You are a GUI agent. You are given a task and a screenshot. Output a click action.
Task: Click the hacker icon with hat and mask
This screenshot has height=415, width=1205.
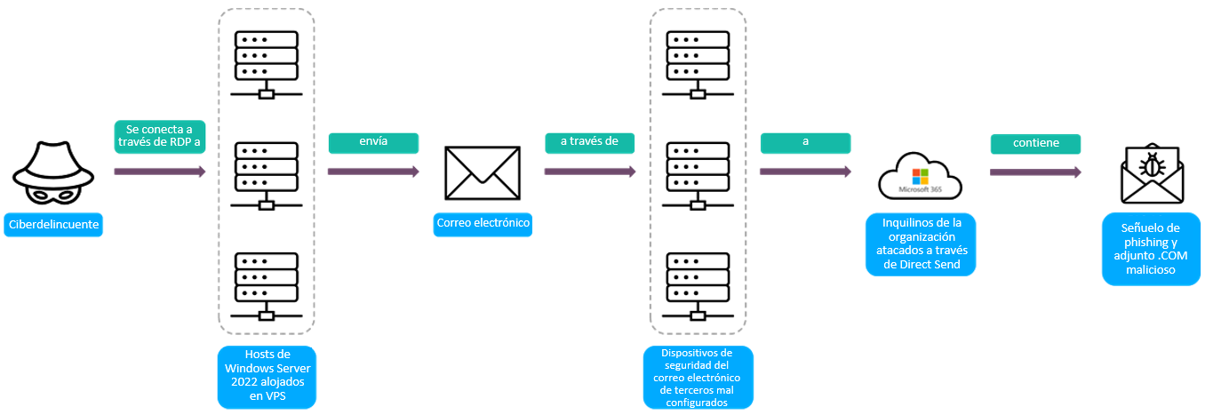tap(51, 172)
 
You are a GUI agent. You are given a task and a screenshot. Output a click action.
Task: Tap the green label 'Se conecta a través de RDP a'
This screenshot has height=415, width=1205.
tap(160, 138)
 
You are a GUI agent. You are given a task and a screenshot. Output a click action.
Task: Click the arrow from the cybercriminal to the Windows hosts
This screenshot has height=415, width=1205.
tap(160, 172)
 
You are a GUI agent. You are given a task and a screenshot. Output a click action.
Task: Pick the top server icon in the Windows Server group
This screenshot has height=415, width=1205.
tap(267, 63)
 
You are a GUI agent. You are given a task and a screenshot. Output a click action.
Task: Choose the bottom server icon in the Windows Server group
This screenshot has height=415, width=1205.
tap(267, 285)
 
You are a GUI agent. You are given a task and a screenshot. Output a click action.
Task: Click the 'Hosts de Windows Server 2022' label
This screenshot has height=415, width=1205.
tap(267, 377)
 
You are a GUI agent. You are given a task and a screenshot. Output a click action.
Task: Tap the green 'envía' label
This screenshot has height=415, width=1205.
tap(373, 142)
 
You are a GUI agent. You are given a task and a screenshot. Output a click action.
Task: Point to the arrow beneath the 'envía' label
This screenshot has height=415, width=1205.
tap(373, 172)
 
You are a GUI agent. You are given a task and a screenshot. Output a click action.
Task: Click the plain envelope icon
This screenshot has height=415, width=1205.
tap(483, 172)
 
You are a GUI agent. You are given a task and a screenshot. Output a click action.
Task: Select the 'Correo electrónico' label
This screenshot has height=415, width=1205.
tap(483, 224)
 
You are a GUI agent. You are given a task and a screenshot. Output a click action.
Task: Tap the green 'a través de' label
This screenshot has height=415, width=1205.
tap(589, 142)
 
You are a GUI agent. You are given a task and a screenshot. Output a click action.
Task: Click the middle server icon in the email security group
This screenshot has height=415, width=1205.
tap(698, 172)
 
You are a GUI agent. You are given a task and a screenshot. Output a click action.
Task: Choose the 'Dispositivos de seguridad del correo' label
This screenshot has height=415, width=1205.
tap(698, 378)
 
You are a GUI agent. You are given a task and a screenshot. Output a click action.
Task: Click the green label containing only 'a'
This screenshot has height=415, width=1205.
tap(805, 142)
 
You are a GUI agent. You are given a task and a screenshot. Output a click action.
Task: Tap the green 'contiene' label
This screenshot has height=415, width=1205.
tap(1035, 142)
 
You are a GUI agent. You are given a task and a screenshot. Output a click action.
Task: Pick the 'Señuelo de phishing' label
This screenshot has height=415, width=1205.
tap(1150, 249)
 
